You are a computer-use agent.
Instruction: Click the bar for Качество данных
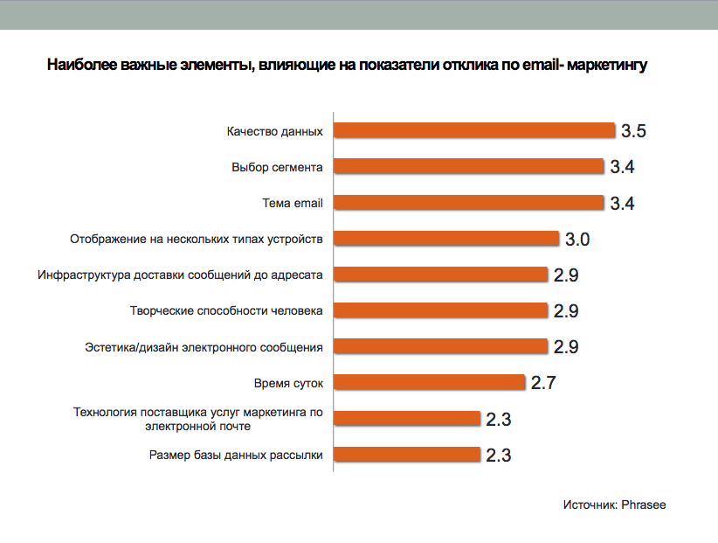pos(475,131)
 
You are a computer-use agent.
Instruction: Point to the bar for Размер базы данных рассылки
pos(408,455)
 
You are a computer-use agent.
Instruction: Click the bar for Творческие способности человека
pos(441,310)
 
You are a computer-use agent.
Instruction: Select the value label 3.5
pos(633,132)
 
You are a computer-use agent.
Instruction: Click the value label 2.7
pos(542,383)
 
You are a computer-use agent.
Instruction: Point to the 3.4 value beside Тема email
pos(622,204)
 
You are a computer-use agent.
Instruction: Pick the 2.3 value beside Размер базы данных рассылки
pos(498,456)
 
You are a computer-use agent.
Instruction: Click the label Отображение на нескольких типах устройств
pos(197,239)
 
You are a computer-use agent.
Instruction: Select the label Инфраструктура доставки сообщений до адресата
pos(181,275)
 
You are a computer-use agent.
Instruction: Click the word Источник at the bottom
pos(590,505)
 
